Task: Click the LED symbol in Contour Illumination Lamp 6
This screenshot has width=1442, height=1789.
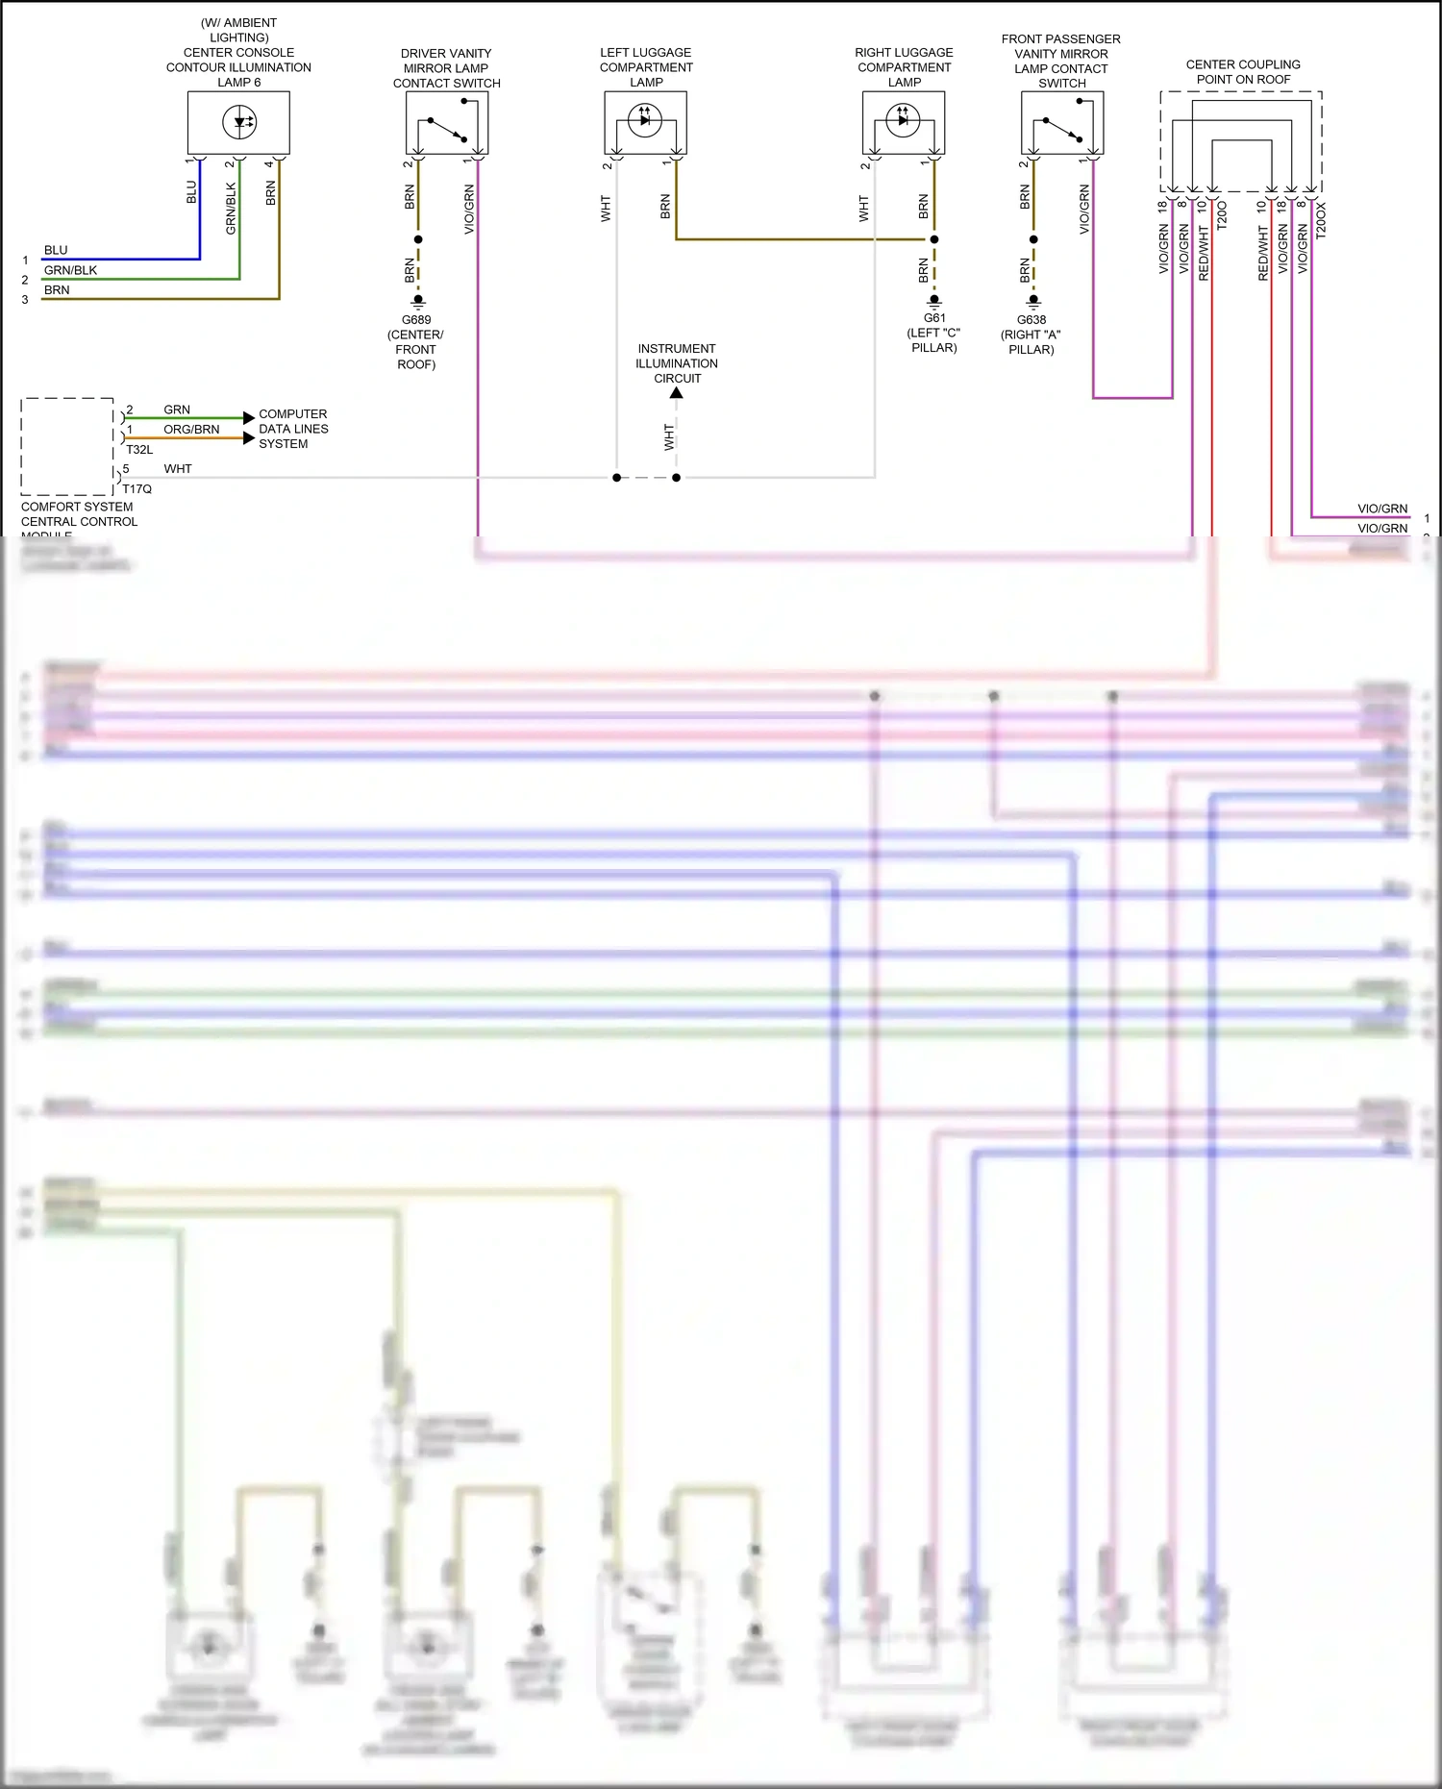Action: [x=239, y=122]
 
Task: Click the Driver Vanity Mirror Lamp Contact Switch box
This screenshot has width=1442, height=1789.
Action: [x=447, y=123]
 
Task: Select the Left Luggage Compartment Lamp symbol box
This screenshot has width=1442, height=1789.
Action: [x=645, y=122]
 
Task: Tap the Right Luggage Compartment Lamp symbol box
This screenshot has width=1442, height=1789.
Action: [x=904, y=122]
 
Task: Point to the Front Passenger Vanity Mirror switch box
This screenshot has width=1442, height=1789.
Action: [x=1061, y=123]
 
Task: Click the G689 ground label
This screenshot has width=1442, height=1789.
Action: [x=416, y=320]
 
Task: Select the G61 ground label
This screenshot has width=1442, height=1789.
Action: [x=934, y=318]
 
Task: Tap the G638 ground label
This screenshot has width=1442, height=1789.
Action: [x=1032, y=320]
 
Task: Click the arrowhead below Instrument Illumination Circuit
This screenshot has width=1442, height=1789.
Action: [x=677, y=392]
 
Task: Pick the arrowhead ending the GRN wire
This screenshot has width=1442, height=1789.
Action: [x=249, y=418]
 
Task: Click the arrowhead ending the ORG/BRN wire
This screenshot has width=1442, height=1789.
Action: [x=249, y=438]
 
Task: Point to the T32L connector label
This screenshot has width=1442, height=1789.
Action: [x=139, y=450]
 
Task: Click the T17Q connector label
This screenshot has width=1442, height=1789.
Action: [x=137, y=489]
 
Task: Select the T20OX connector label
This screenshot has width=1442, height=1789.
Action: [x=1321, y=220]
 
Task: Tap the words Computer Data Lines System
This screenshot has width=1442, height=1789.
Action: [x=293, y=429]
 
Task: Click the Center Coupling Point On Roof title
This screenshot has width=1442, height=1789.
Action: [x=1243, y=72]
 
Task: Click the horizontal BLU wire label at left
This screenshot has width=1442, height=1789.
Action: [x=56, y=250]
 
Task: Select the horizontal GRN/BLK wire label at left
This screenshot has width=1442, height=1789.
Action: [x=70, y=270]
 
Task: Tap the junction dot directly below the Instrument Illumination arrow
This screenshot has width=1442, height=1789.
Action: [x=677, y=478]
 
